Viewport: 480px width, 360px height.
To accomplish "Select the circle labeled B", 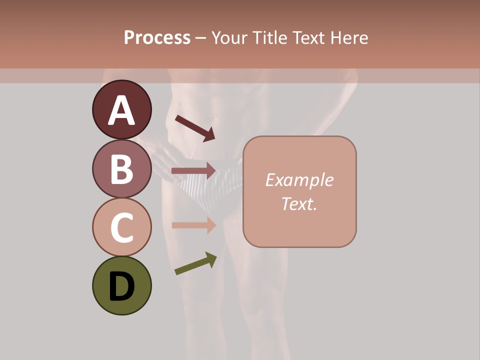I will pyautogui.click(x=121, y=169).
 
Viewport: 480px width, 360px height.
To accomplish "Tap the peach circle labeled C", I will pyautogui.click(x=121, y=227).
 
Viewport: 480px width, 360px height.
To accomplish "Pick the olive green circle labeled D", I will pyautogui.click(x=121, y=285).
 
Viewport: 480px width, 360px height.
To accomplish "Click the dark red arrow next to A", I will pyautogui.click(x=195, y=128).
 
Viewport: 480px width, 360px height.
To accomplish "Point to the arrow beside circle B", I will pyautogui.click(x=193, y=171).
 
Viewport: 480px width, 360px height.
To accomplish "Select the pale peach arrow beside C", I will pyautogui.click(x=193, y=225).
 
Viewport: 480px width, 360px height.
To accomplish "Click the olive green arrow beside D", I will pyautogui.click(x=195, y=263).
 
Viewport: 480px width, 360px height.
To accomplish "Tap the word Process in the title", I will pyautogui.click(x=157, y=38).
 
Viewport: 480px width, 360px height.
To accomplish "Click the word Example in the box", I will pyautogui.click(x=299, y=180).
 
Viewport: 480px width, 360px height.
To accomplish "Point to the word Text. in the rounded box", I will pyautogui.click(x=299, y=203).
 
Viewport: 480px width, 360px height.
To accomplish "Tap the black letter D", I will pyautogui.click(x=121, y=286).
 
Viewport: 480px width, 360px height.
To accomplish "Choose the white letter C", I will pyautogui.click(x=121, y=227).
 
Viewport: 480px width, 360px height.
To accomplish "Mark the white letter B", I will pyautogui.click(x=121, y=169).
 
